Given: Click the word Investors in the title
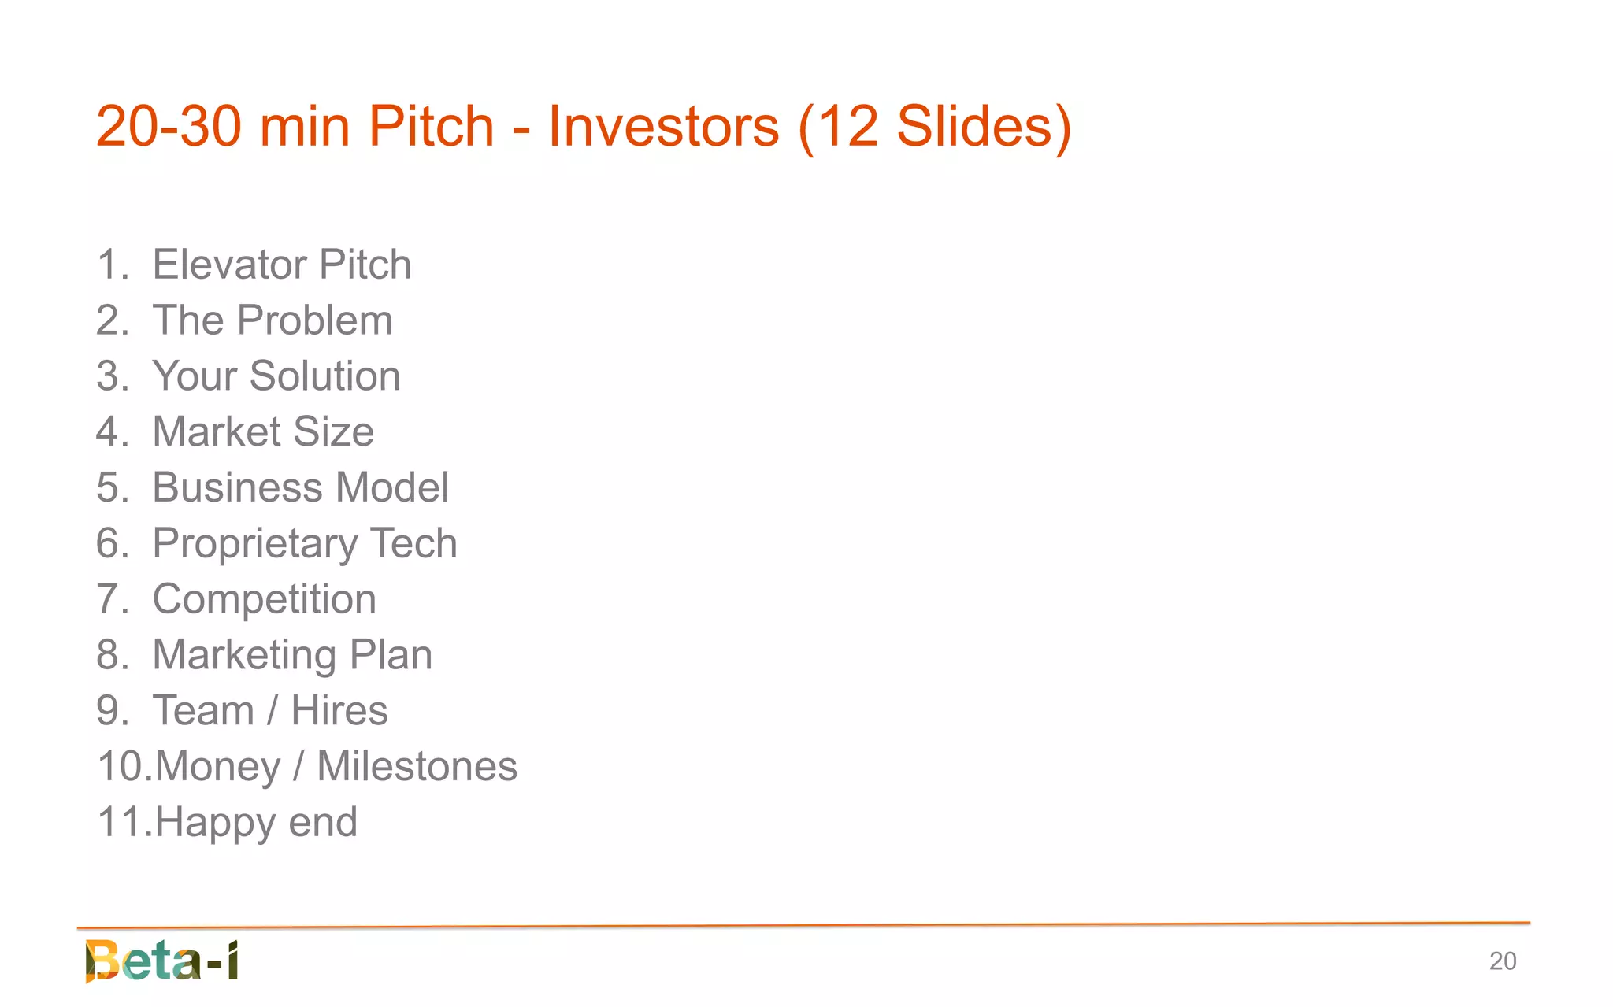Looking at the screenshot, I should coord(663,126).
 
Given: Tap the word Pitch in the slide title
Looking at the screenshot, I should coord(431,126).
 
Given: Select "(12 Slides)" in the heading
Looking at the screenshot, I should coord(935,126).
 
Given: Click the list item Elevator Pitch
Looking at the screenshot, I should coord(281,265).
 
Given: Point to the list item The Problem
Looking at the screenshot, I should coord(272,320).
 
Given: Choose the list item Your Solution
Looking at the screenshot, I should coord(276,376).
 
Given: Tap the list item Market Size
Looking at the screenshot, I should coord(263,431).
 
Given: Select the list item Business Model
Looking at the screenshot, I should coord(300,487).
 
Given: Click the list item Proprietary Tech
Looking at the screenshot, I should coord(305,543).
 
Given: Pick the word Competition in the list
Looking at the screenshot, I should coord(264,599).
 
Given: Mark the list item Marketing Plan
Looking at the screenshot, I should coord(292,655).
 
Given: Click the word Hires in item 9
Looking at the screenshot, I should coord(339,711).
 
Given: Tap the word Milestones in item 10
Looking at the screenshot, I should coord(417,767).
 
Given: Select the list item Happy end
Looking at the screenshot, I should coord(256,823).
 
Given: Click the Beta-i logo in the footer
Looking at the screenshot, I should coord(162,961).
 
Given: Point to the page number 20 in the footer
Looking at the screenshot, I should coord(1502,961).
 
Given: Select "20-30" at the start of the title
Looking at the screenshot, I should coord(168,126).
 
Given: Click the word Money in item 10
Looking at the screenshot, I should coord(217,767).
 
